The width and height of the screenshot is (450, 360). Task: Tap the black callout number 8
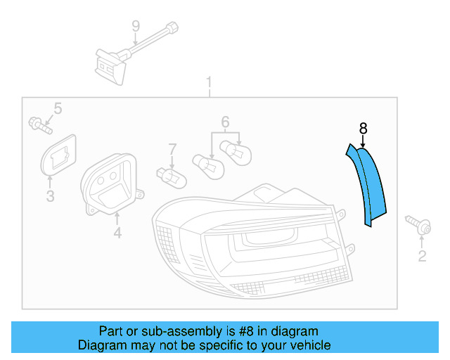(363, 128)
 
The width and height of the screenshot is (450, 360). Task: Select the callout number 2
(422, 257)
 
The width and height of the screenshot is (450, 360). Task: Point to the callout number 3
(50, 196)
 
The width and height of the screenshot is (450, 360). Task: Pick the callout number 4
(117, 232)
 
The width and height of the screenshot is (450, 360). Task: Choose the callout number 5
(58, 108)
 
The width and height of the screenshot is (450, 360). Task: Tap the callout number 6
(225, 122)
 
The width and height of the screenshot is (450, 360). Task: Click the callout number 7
(172, 149)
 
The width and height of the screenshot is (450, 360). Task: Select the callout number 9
(136, 27)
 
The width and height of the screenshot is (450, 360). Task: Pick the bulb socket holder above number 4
(112, 183)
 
